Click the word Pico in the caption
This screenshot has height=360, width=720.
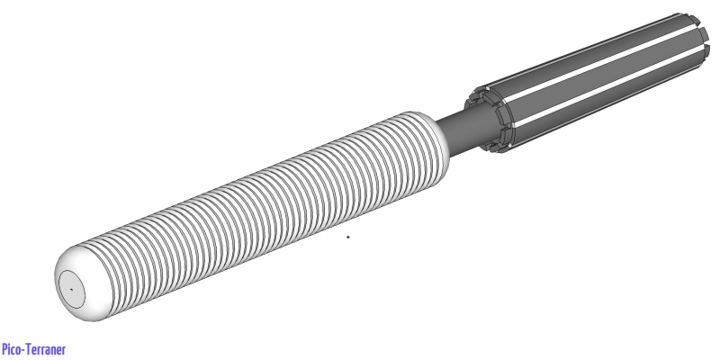point(12,349)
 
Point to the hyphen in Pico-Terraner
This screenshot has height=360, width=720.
point(26,350)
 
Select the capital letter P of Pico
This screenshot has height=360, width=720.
point(4,349)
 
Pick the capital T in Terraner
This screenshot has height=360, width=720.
point(31,349)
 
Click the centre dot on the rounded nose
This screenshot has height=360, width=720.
point(70,289)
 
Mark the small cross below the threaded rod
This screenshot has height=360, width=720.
point(348,237)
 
